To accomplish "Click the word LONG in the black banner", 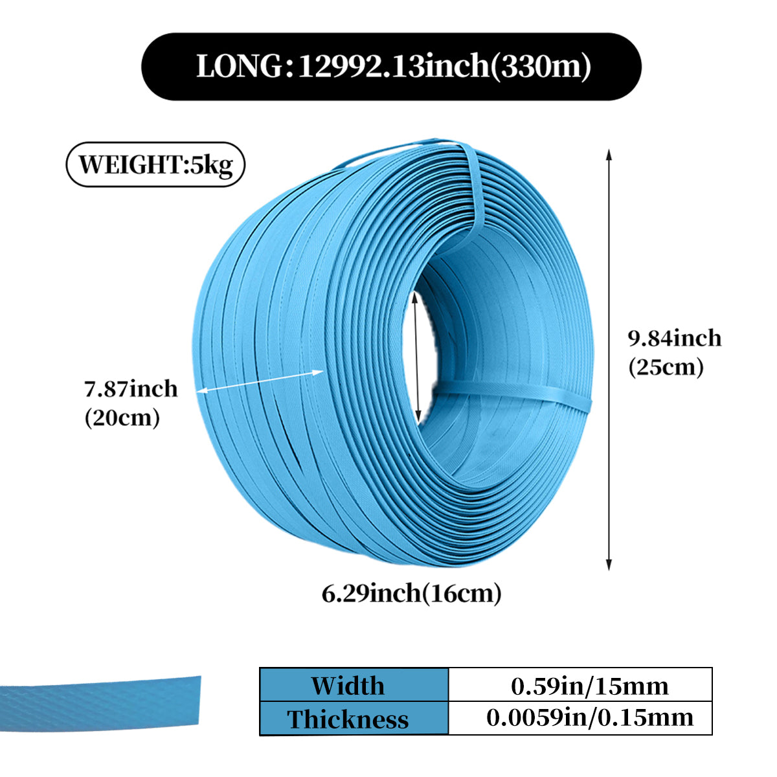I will click(240, 67).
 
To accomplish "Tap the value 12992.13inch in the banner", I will click(392, 67).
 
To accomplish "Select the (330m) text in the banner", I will click(541, 67).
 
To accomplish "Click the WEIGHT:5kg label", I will click(155, 164).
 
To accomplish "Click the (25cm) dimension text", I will click(666, 367).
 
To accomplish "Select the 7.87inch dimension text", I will click(131, 388).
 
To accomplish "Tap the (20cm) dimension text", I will click(122, 418).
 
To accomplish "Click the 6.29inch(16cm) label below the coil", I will click(412, 593).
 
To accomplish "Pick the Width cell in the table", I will click(348, 686).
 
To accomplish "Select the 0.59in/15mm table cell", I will click(589, 686).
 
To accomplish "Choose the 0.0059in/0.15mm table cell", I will click(589, 717).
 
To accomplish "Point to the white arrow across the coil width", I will click(260, 381).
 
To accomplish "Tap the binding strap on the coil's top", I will click(476, 188).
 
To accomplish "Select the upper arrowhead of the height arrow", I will click(609, 153).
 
